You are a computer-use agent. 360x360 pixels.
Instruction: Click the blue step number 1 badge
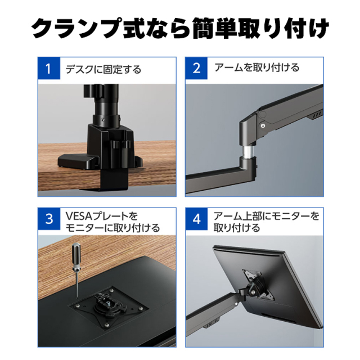coord(49,68)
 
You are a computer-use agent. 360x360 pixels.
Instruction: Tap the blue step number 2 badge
coord(196,68)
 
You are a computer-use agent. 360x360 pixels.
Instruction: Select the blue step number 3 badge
coord(49,219)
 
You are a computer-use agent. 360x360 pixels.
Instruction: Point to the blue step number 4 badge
coord(196,219)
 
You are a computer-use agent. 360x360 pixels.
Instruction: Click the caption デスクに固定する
coord(103,69)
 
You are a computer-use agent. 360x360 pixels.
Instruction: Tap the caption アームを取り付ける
coord(257,67)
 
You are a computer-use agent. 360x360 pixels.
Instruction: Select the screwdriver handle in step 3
coord(76,254)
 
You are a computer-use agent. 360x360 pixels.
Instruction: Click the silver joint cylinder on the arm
coord(247,151)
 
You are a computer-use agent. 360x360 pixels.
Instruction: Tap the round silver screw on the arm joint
coord(263,125)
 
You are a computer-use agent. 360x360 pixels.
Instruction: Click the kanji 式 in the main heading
coord(134,29)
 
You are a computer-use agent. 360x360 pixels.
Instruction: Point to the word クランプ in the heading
coord(76,29)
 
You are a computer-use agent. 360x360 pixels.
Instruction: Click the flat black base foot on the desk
coord(78,161)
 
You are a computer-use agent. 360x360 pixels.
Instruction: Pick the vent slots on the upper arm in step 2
coord(317,115)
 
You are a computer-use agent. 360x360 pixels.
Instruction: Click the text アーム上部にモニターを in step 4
coord(266,216)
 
